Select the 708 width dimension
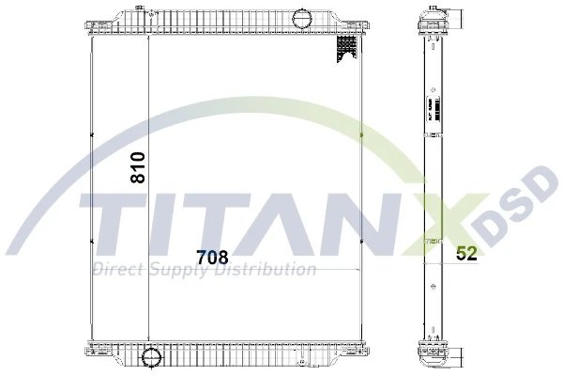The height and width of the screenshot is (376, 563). point(212,254)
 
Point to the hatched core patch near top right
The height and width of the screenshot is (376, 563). point(343,54)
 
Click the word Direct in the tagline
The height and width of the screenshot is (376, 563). point(114,271)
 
